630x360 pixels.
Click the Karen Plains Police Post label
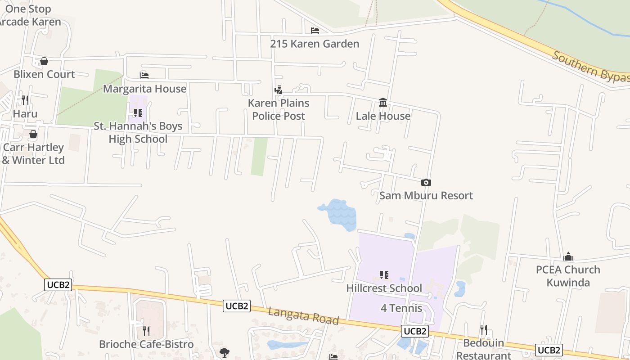pyautogui.click(x=279, y=109)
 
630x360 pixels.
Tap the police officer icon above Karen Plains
pyautogui.click(x=279, y=90)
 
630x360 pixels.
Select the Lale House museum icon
pyautogui.click(x=383, y=103)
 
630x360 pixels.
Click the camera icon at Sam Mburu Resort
pyautogui.click(x=426, y=182)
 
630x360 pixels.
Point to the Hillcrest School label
pyautogui.click(x=384, y=288)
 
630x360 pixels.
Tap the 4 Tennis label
pyautogui.click(x=401, y=308)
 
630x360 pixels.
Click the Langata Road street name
pyautogui.click(x=303, y=315)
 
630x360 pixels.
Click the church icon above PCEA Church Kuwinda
pyautogui.click(x=568, y=256)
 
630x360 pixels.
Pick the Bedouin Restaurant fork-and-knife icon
pyautogui.click(x=483, y=330)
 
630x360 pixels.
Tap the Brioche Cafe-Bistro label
pyautogui.click(x=146, y=344)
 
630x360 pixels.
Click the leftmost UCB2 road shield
pyautogui.click(x=58, y=284)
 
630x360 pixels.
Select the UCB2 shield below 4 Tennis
pyautogui.click(x=415, y=332)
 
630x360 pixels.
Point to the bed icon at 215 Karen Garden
pyautogui.click(x=315, y=31)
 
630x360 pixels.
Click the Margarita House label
pyautogui.click(x=144, y=89)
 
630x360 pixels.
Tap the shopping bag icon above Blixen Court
pyautogui.click(x=44, y=61)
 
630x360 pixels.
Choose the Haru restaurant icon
pyautogui.click(x=25, y=100)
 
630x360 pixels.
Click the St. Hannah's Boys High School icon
pyautogui.click(x=138, y=113)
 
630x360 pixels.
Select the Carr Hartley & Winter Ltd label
pyautogui.click(x=34, y=153)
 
